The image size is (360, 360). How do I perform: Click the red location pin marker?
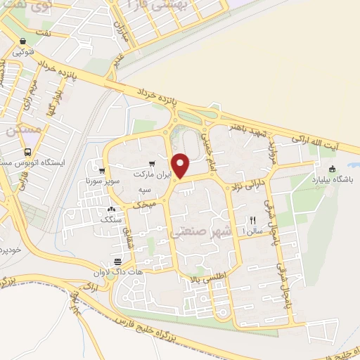coord(181,165)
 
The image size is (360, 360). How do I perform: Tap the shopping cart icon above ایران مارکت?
coord(142,163)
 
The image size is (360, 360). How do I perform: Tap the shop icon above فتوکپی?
coord(25,41)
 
